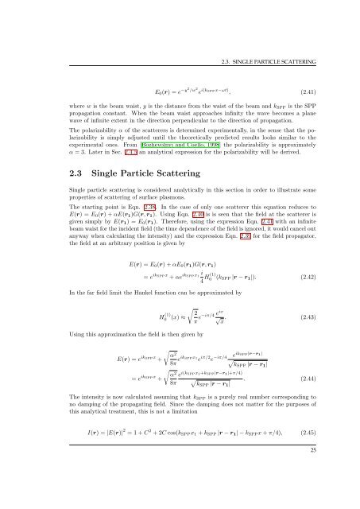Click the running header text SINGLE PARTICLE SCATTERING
click(285, 14)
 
